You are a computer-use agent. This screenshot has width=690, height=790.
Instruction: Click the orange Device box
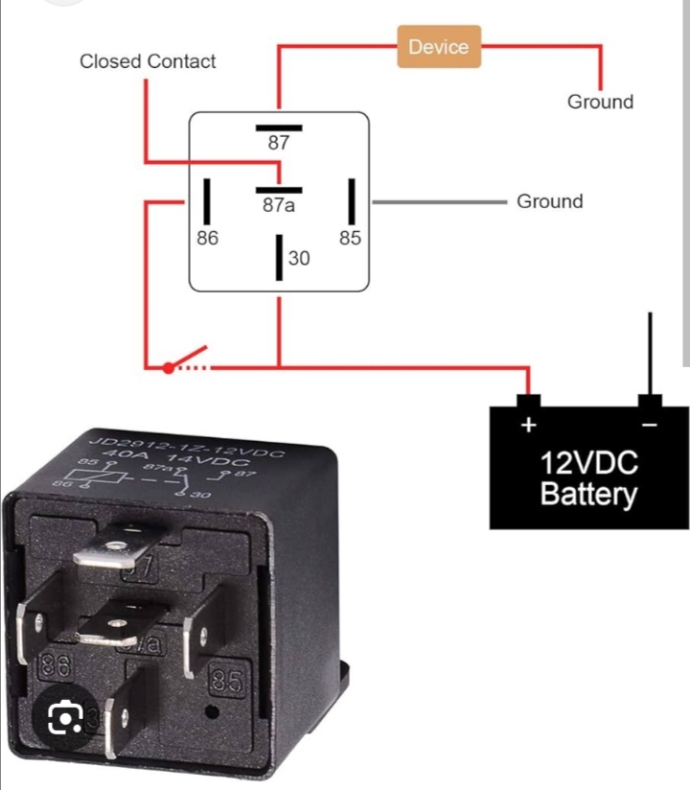coord(438,47)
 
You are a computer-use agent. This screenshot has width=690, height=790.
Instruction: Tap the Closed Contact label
coord(148,61)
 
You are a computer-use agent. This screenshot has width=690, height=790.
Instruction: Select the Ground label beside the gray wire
coord(549,201)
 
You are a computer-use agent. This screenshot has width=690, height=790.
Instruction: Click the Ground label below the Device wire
coord(600,102)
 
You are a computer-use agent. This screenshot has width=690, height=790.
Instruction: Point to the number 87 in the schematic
coord(278,144)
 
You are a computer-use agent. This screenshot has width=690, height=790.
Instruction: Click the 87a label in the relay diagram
coord(278,205)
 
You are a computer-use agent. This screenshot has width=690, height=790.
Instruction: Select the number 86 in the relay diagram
coord(207,239)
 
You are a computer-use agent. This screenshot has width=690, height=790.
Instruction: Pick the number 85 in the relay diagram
coord(350,239)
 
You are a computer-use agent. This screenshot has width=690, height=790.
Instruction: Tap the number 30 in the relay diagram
coord(298,257)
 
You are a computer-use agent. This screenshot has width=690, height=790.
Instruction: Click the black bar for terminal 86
coord(207,201)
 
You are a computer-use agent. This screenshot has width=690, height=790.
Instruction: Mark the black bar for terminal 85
coord(352,201)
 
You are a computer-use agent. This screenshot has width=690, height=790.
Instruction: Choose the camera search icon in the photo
coord(62,717)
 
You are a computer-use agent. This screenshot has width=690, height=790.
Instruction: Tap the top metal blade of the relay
coord(111,548)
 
